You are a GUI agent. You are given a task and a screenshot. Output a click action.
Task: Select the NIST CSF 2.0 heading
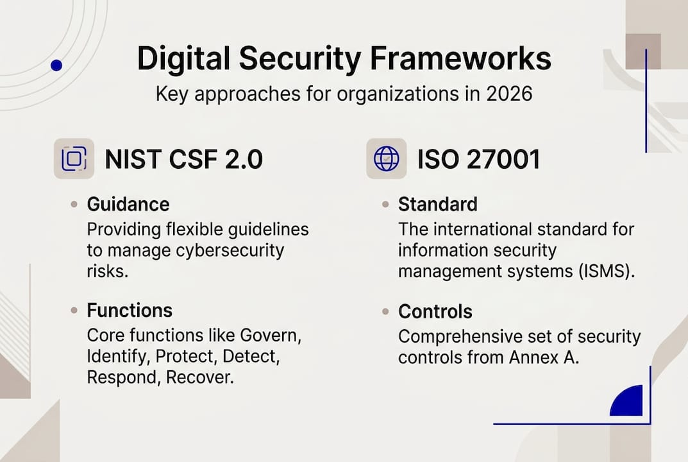[183, 159]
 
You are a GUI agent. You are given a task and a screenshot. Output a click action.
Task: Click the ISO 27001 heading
[478, 159]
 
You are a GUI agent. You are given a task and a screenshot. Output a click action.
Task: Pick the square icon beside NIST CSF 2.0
[74, 158]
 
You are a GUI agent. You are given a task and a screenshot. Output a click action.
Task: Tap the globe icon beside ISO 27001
[386, 158]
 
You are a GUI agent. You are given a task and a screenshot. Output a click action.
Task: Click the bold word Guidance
[128, 205]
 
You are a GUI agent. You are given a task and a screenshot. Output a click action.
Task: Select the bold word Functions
[130, 311]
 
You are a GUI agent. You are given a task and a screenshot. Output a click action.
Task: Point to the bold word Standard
[437, 205]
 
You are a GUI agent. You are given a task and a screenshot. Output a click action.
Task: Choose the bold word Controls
[435, 312]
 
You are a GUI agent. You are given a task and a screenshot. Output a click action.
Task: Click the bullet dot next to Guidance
[74, 205]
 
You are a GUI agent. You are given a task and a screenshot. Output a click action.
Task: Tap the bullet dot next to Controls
[385, 312]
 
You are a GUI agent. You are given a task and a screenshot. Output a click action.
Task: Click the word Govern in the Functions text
[270, 336]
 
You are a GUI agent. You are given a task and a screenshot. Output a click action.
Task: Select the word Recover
[199, 377]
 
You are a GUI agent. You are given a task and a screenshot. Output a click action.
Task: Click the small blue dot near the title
[56, 65]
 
